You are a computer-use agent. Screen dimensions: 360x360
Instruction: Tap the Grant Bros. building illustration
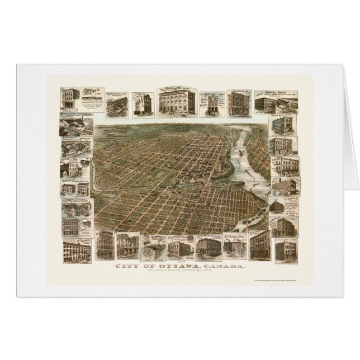click(283, 124)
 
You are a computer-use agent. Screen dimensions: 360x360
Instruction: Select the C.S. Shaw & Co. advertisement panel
click(283, 206)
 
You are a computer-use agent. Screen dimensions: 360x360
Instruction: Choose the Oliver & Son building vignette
click(75, 167)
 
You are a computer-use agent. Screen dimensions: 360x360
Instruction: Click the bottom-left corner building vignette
click(77, 250)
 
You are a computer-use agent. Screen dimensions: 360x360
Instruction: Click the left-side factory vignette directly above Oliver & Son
click(75, 146)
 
